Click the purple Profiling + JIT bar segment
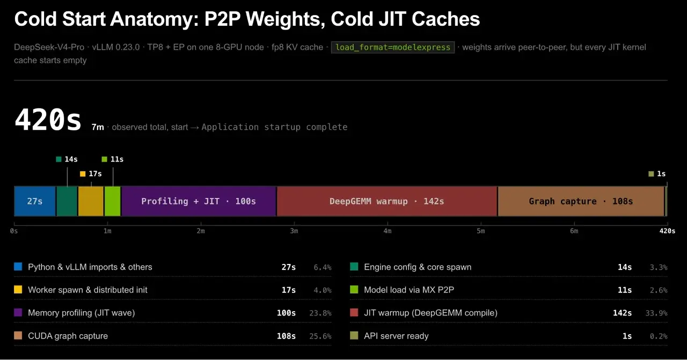(x=199, y=201)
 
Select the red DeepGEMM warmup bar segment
(x=387, y=201)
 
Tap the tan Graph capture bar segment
(x=581, y=201)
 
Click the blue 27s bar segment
(x=35, y=201)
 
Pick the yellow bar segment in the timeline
(x=91, y=201)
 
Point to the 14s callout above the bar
(x=67, y=159)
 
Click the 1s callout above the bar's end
(x=657, y=174)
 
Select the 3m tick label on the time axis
(x=294, y=231)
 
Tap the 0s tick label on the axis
(x=14, y=231)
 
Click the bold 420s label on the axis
(x=667, y=231)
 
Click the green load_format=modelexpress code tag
(x=392, y=47)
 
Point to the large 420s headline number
(x=48, y=120)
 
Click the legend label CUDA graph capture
(x=68, y=336)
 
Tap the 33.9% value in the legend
(x=656, y=313)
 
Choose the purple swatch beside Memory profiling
(x=18, y=312)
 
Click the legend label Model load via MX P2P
(x=409, y=290)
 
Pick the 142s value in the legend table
(x=622, y=313)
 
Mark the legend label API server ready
(x=396, y=336)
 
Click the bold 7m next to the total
(x=98, y=127)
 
